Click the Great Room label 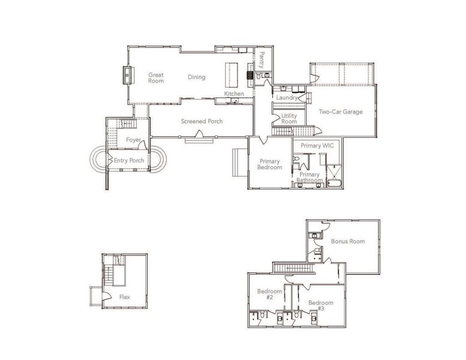tap(156, 78)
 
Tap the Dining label tap(196, 77)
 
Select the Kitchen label tap(234, 94)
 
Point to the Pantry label tap(262, 59)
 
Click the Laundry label tap(287, 97)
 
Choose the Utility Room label tap(289, 118)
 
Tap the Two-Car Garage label tap(340, 112)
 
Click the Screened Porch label tap(202, 122)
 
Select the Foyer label tap(133, 140)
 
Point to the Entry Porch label tap(129, 160)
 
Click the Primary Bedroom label tap(270, 164)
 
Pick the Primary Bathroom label tap(310, 178)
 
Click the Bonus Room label tap(348, 241)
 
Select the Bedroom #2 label tap(266, 295)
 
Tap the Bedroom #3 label tap(317, 305)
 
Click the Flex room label tap(125, 297)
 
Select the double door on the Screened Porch tap(199, 140)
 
